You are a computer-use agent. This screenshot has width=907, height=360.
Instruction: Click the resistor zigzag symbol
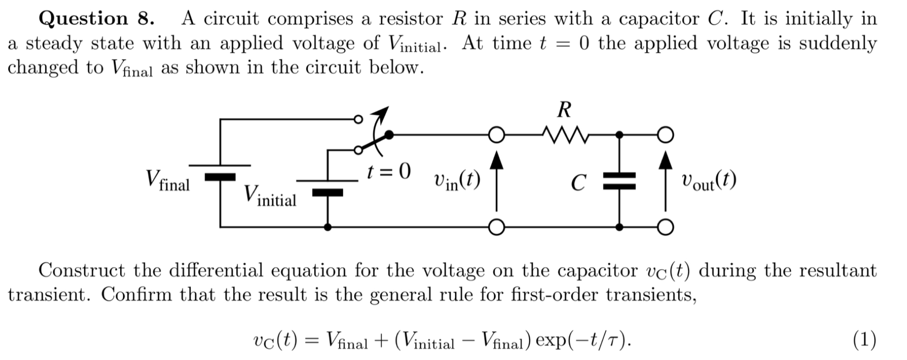click(x=564, y=136)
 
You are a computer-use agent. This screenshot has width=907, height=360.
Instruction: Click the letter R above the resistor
click(x=564, y=111)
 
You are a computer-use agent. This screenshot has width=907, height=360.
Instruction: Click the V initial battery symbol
click(x=328, y=186)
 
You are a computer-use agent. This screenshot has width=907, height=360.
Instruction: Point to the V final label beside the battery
click(x=168, y=180)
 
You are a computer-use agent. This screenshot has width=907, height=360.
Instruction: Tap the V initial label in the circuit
click(x=270, y=196)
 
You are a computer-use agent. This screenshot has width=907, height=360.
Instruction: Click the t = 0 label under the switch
click(x=389, y=171)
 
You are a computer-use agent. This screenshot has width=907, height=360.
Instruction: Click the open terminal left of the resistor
click(x=496, y=135)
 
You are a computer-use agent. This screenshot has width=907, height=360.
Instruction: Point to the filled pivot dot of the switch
click(x=390, y=135)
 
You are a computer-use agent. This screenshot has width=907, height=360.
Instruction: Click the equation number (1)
click(x=864, y=340)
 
